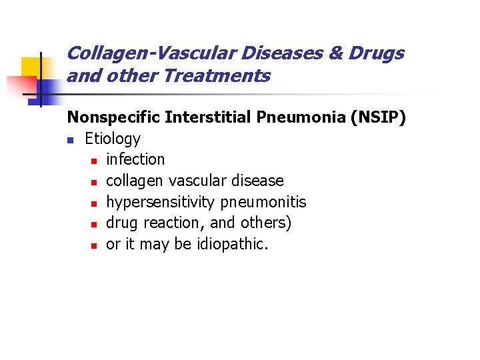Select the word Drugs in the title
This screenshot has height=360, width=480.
(379, 53)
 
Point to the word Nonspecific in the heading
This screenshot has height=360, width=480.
(113, 117)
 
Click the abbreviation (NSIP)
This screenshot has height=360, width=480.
(373, 117)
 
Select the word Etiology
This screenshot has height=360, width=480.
(113, 139)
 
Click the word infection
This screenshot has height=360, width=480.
(135, 159)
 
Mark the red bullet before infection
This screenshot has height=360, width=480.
(95, 161)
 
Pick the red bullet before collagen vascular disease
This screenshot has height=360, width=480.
(95, 182)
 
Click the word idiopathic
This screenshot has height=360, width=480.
(233, 245)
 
